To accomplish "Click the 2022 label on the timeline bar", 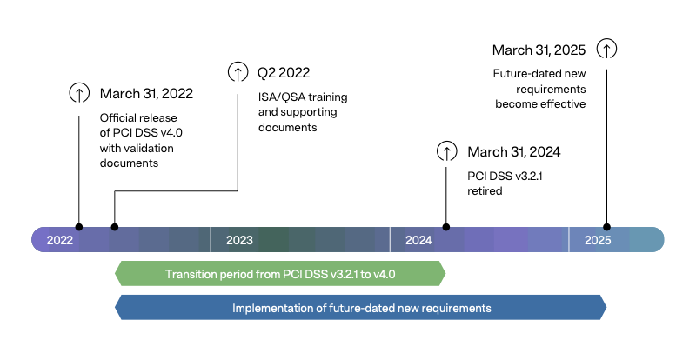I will [x=60, y=240].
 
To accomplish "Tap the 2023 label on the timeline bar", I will [x=239, y=240].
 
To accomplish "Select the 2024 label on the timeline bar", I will [x=418, y=240].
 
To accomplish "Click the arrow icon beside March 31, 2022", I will [x=79, y=93].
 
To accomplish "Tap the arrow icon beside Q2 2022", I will [x=237, y=72].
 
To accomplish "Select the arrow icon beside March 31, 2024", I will [x=446, y=152].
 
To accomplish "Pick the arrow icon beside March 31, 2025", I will [x=607, y=50].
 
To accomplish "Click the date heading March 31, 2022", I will [x=146, y=93].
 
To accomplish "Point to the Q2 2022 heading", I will [x=283, y=72].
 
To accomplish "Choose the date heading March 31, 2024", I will [x=513, y=152].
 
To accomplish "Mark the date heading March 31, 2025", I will [x=539, y=50].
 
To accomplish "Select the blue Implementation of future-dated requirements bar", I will [x=361, y=308].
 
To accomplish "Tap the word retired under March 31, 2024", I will [x=485, y=190].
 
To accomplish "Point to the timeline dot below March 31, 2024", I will [x=446, y=227].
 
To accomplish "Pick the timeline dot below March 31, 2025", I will [x=607, y=227].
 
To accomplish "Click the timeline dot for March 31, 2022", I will [x=79, y=227].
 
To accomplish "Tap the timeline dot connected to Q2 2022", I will [x=115, y=227].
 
